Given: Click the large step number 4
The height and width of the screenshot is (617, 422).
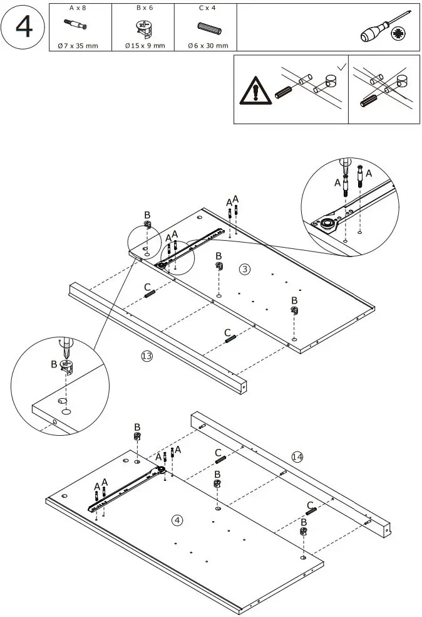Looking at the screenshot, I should tap(23, 27).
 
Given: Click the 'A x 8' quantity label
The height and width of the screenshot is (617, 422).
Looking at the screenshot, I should tap(79, 8).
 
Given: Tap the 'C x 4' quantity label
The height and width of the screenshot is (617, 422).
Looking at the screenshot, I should tap(206, 8).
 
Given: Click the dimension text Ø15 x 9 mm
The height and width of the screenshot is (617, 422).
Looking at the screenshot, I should tap(143, 46).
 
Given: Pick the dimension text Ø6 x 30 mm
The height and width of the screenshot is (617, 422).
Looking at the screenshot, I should tap(207, 46).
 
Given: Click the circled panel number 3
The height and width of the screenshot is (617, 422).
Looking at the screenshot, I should tap(245, 269).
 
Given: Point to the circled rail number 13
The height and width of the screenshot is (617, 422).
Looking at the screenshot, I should tap(147, 356).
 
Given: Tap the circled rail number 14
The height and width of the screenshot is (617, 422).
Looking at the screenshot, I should tap(297, 457).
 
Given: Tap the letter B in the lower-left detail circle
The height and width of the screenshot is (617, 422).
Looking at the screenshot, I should tap(53, 364).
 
